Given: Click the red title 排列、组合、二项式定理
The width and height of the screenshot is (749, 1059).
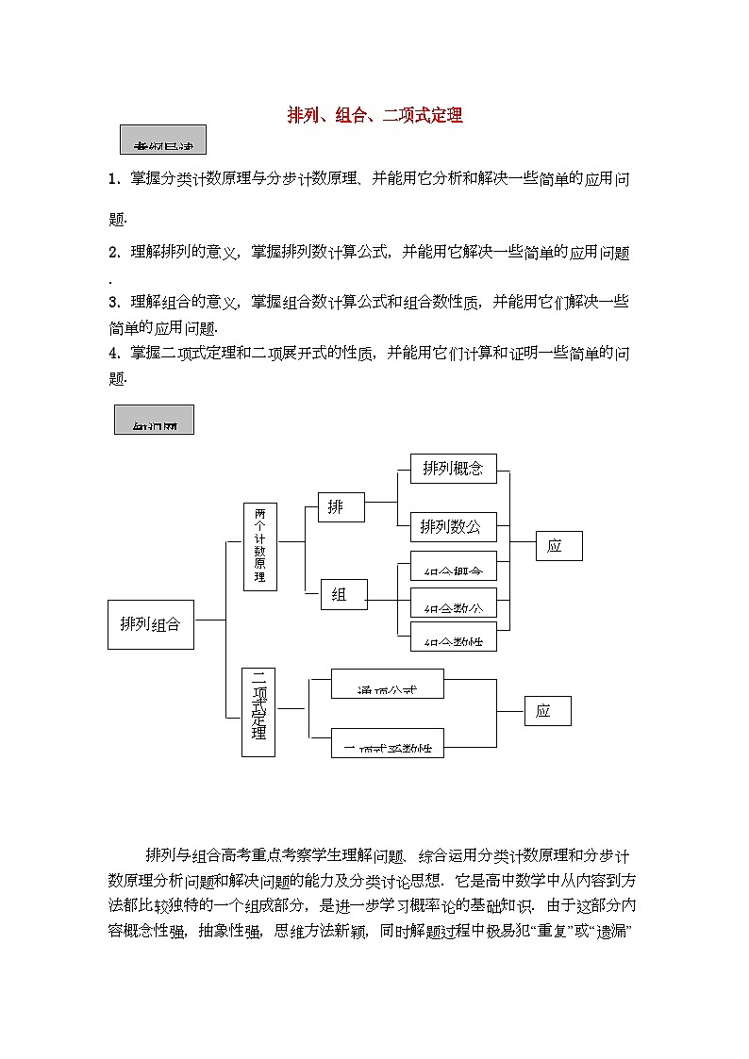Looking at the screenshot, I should (x=374, y=116).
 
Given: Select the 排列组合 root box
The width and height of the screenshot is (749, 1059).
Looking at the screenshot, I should (x=151, y=623).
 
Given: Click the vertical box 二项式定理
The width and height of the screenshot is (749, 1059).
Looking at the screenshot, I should (x=258, y=712).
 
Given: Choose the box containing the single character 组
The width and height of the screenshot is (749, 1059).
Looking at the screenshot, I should (x=343, y=594).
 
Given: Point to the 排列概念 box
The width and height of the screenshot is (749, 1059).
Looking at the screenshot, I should (x=453, y=469).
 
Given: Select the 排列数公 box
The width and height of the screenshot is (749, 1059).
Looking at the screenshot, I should (x=453, y=526).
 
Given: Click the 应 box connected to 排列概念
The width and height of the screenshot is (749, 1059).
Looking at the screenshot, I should (x=558, y=546).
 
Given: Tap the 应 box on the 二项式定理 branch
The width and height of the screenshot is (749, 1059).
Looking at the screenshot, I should (x=547, y=711).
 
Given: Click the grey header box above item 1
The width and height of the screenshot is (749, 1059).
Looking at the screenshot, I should (x=162, y=140).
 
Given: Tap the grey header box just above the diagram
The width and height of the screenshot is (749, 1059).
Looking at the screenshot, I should (x=154, y=420).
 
